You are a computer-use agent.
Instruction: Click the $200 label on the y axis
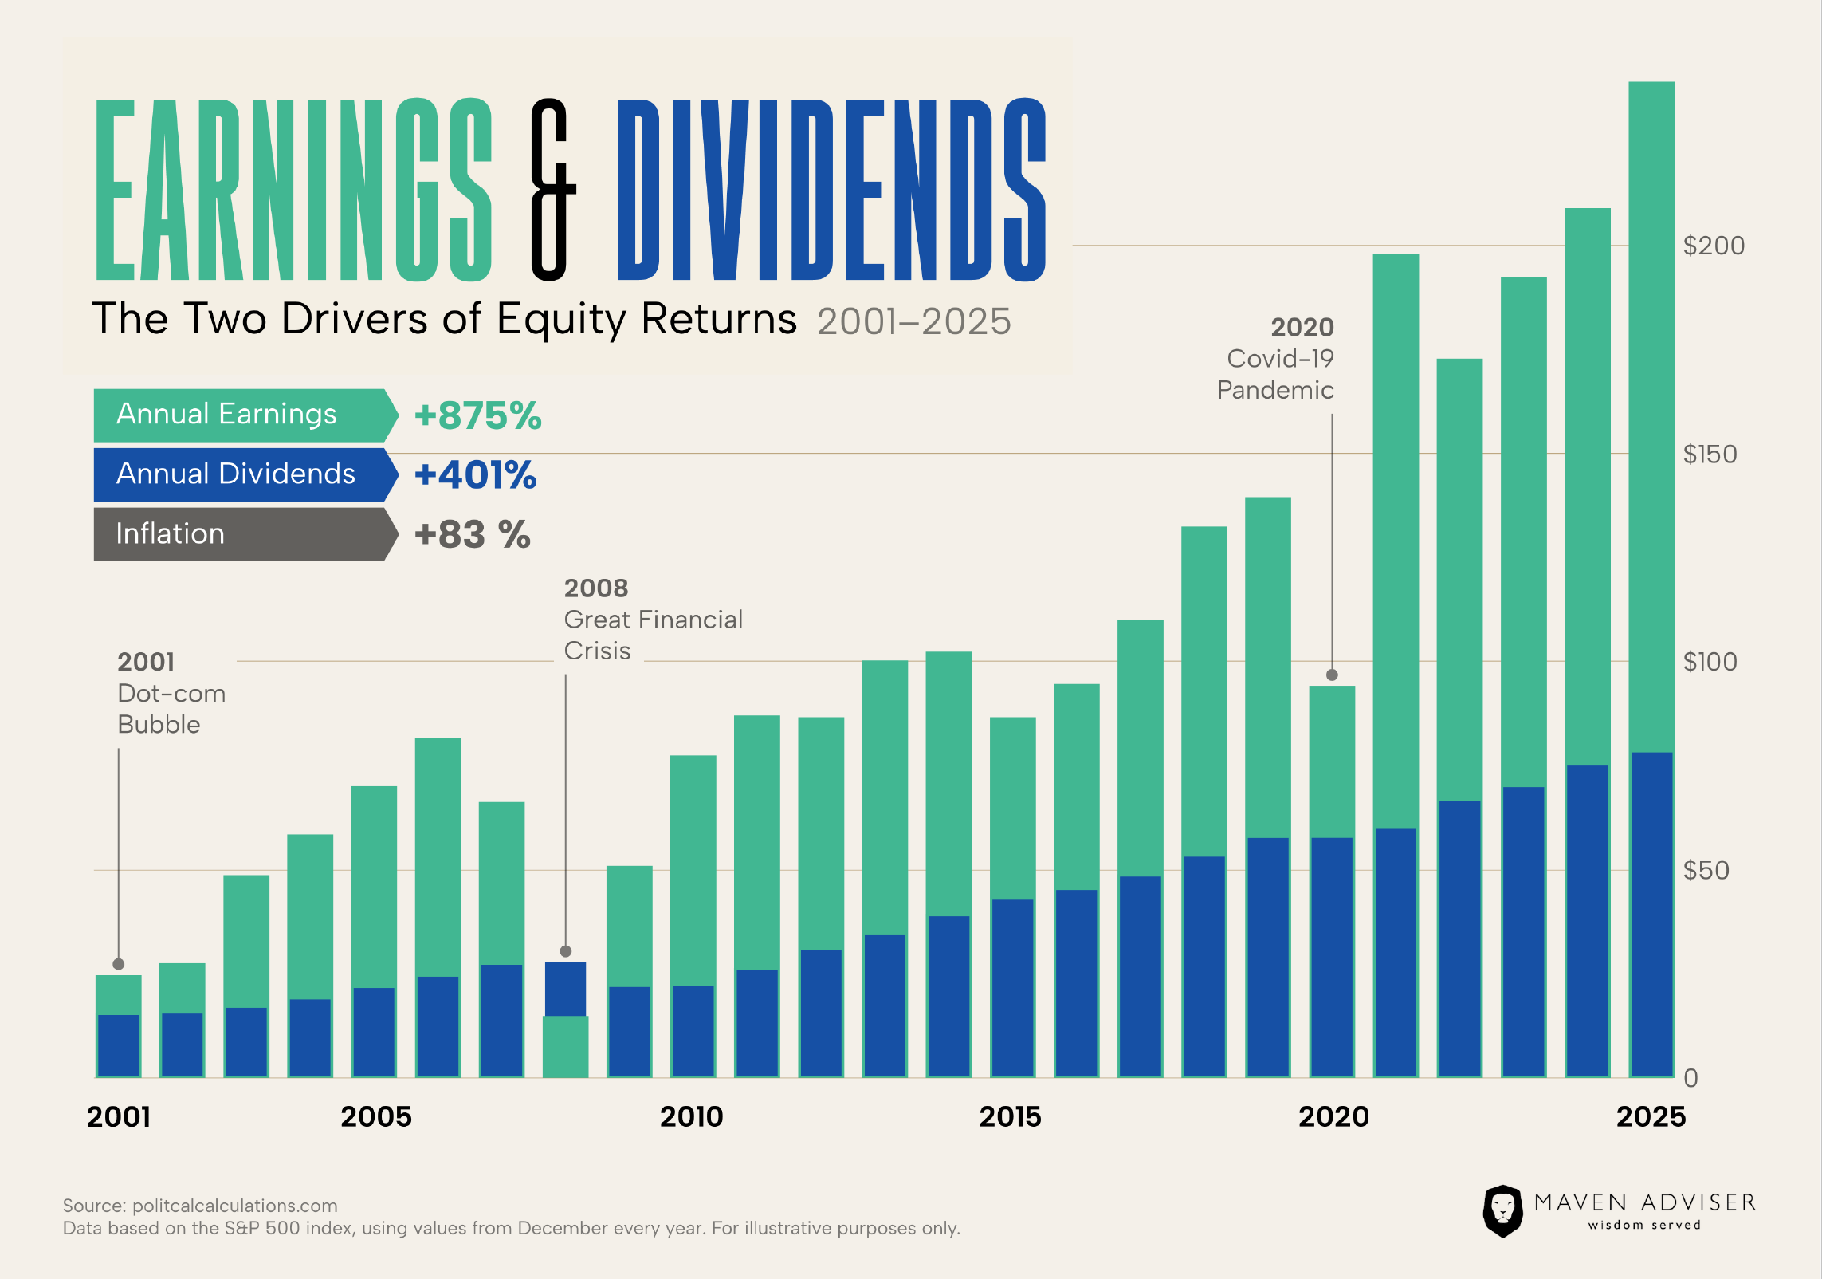click(x=1714, y=246)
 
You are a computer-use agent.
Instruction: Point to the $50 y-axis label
click(x=1706, y=870)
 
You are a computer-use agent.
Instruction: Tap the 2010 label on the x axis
click(x=691, y=1116)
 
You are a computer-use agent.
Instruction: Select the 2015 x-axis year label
click(x=1010, y=1116)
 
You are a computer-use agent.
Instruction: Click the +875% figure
click(x=477, y=415)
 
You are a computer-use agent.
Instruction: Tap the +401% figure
click(x=475, y=475)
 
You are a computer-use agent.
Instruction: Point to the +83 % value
click(x=472, y=535)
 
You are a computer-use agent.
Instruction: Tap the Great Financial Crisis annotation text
click(x=653, y=620)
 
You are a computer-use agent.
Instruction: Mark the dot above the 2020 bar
click(x=1332, y=675)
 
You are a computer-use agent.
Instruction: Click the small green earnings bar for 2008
click(x=566, y=1046)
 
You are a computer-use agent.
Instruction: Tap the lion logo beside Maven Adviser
click(x=1502, y=1210)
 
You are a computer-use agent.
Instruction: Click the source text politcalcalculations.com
click(x=234, y=1206)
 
